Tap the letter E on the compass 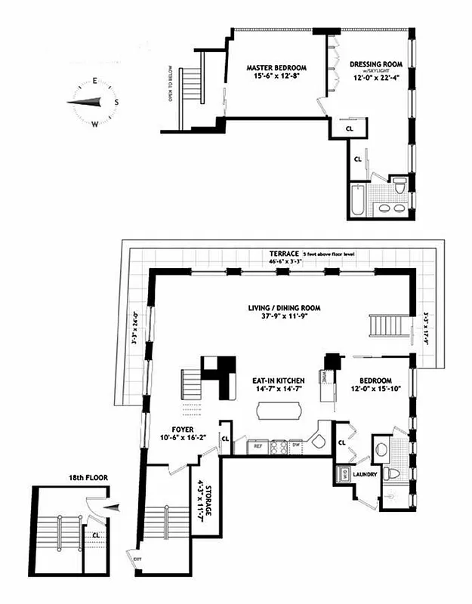pyautogui.click(x=95, y=81)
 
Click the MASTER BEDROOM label pyautogui.click(x=274, y=67)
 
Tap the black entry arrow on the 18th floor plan pyautogui.click(x=110, y=509)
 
